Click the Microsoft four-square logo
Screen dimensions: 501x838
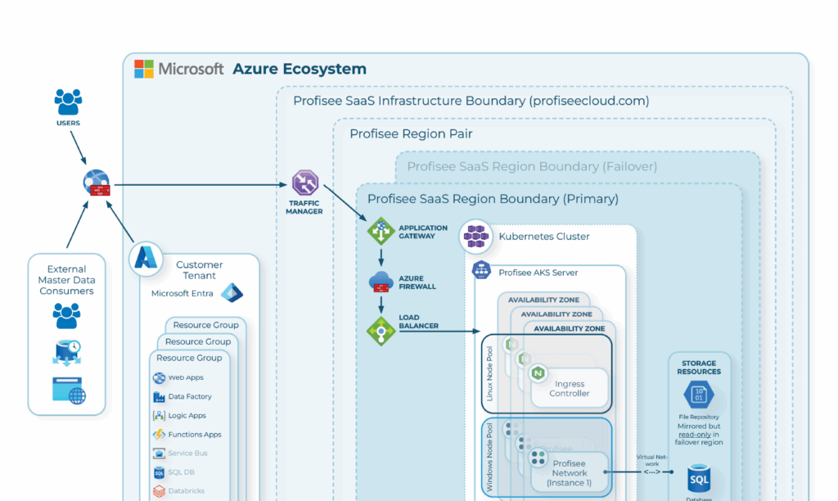tap(144, 69)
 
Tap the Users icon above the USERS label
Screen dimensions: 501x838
tap(68, 102)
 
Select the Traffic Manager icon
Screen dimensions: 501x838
tap(304, 183)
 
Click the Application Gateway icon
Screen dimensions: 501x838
tap(381, 232)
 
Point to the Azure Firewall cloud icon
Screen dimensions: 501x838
tap(381, 282)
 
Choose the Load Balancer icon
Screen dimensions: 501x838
tap(381, 331)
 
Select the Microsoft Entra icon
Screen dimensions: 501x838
tap(232, 292)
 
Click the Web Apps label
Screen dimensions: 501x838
tap(186, 377)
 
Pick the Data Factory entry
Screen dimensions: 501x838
tap(190, 396)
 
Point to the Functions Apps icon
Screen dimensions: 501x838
tap(160, 435)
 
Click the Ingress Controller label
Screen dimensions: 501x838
tap(570, 388)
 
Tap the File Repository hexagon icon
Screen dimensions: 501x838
tap(699, 396)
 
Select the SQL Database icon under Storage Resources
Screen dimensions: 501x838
tap(699, 478)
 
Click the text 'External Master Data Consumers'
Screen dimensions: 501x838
tap(66, 280)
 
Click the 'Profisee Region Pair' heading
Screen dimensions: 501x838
tap(411, 134)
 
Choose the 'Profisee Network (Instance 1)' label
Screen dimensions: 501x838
tap(570, 472)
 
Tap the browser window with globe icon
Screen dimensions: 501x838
tap(69, 390)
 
